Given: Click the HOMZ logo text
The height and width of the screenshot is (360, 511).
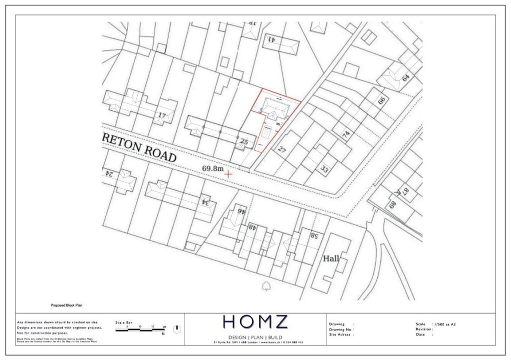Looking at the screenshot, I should click(255, 322).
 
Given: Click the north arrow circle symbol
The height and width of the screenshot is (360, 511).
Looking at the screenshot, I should click(177, 329).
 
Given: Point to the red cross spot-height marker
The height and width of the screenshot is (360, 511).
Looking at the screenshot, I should click(229, 174).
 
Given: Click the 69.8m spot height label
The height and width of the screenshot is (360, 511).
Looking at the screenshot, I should click(213, 169).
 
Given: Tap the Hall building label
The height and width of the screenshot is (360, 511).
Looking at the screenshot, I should click(331, 259).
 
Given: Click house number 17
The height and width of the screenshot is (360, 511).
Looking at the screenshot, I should click(162, 116).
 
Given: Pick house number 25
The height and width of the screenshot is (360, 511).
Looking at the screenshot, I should click(244, 142).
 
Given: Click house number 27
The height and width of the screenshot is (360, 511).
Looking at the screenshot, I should click(282, 149).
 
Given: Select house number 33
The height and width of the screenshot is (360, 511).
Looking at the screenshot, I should click(325, 169).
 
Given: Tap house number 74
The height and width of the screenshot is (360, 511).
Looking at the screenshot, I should click(346, 134).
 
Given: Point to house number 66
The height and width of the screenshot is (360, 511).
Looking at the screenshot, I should click(382, 100).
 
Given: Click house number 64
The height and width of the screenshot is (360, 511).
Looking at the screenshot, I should click(405, 77).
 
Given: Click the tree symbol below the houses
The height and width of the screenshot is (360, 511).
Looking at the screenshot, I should click(266, 286).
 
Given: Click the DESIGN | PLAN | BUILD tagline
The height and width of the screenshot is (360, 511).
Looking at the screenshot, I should click(255, 337).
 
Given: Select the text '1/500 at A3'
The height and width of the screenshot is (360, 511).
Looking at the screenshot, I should click(445, 324).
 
